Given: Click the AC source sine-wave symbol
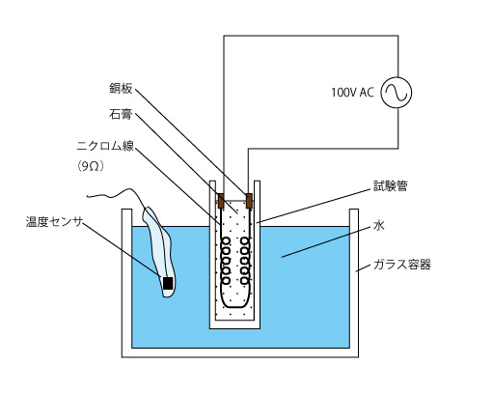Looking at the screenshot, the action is (x=396, y=93).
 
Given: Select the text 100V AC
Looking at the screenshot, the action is (x=352, y=93).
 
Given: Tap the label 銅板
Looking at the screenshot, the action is (x=121, y=88).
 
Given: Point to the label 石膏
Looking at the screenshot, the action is (x=121, y=114).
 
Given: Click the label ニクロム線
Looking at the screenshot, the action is (x=105, y=146).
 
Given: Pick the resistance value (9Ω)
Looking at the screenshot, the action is (x=91, y=166).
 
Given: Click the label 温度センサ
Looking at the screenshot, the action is (x=54, y=222).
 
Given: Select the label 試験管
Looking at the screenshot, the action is (x=391, y=186).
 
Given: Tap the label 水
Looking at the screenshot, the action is (x=379, y=225).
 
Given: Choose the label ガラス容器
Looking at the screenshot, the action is (x=401, y=265).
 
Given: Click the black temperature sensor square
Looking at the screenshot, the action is (x=168, y=283).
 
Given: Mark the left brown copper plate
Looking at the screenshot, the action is (x=221, y=201).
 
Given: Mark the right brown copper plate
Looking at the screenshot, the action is (x=249, y=201).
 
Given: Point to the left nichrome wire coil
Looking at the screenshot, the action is (x=226, y=261).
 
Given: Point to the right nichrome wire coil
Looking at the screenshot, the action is (x=245, y=261).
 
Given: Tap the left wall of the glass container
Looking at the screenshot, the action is (x=126, y=283).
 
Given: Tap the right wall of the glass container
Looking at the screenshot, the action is (x=354, y=283).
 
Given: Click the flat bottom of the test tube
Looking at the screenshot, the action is (x=234, y=324).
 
